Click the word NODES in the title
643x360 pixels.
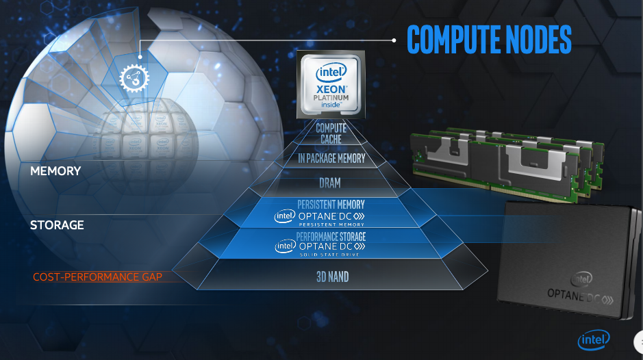coord(537,40)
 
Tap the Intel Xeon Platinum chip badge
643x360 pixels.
coord(331,85)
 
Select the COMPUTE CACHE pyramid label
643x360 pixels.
coord(331,133)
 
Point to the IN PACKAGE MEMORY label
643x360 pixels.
coord(331,159)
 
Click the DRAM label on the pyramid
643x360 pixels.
coord(330,183)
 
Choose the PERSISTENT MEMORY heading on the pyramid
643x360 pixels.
coord(331,204)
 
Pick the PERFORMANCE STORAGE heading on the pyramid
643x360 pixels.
coord(331,236)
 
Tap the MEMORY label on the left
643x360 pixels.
coord(55,171)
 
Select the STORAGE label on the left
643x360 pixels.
coord(57,224)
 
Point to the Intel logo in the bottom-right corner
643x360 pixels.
coord(593,340)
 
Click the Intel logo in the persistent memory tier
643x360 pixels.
coord(284,216)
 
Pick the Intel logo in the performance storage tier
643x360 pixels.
coord(284,246)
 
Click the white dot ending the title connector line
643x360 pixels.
coord(394,40)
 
